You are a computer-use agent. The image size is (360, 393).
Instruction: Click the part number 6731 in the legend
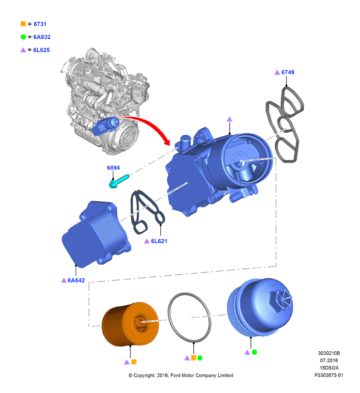pyautogui.click(x=40, y=24)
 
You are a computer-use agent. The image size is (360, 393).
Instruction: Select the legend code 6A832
pyautogui.click(x=42, y=37)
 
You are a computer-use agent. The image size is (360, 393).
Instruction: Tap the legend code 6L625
pyautogui.click(x=41, y=50)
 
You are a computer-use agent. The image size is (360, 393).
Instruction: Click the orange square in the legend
pyautogui.click(x=23, y=24)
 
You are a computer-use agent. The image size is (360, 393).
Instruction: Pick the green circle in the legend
pyautogui.click(x=23, y=37)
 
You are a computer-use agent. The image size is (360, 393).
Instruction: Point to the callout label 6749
pyautogui.click(x=288, y=72)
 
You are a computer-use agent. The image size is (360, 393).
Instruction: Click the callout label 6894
pyautogui.click(x=113, y=168)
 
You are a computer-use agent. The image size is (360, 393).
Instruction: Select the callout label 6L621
pyautogui.click(x=159, y=241)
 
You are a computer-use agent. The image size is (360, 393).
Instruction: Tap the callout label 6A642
pyautogui.click(x=76, y=280)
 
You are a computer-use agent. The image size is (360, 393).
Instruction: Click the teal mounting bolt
pyautogui.click(x=119, y=181)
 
